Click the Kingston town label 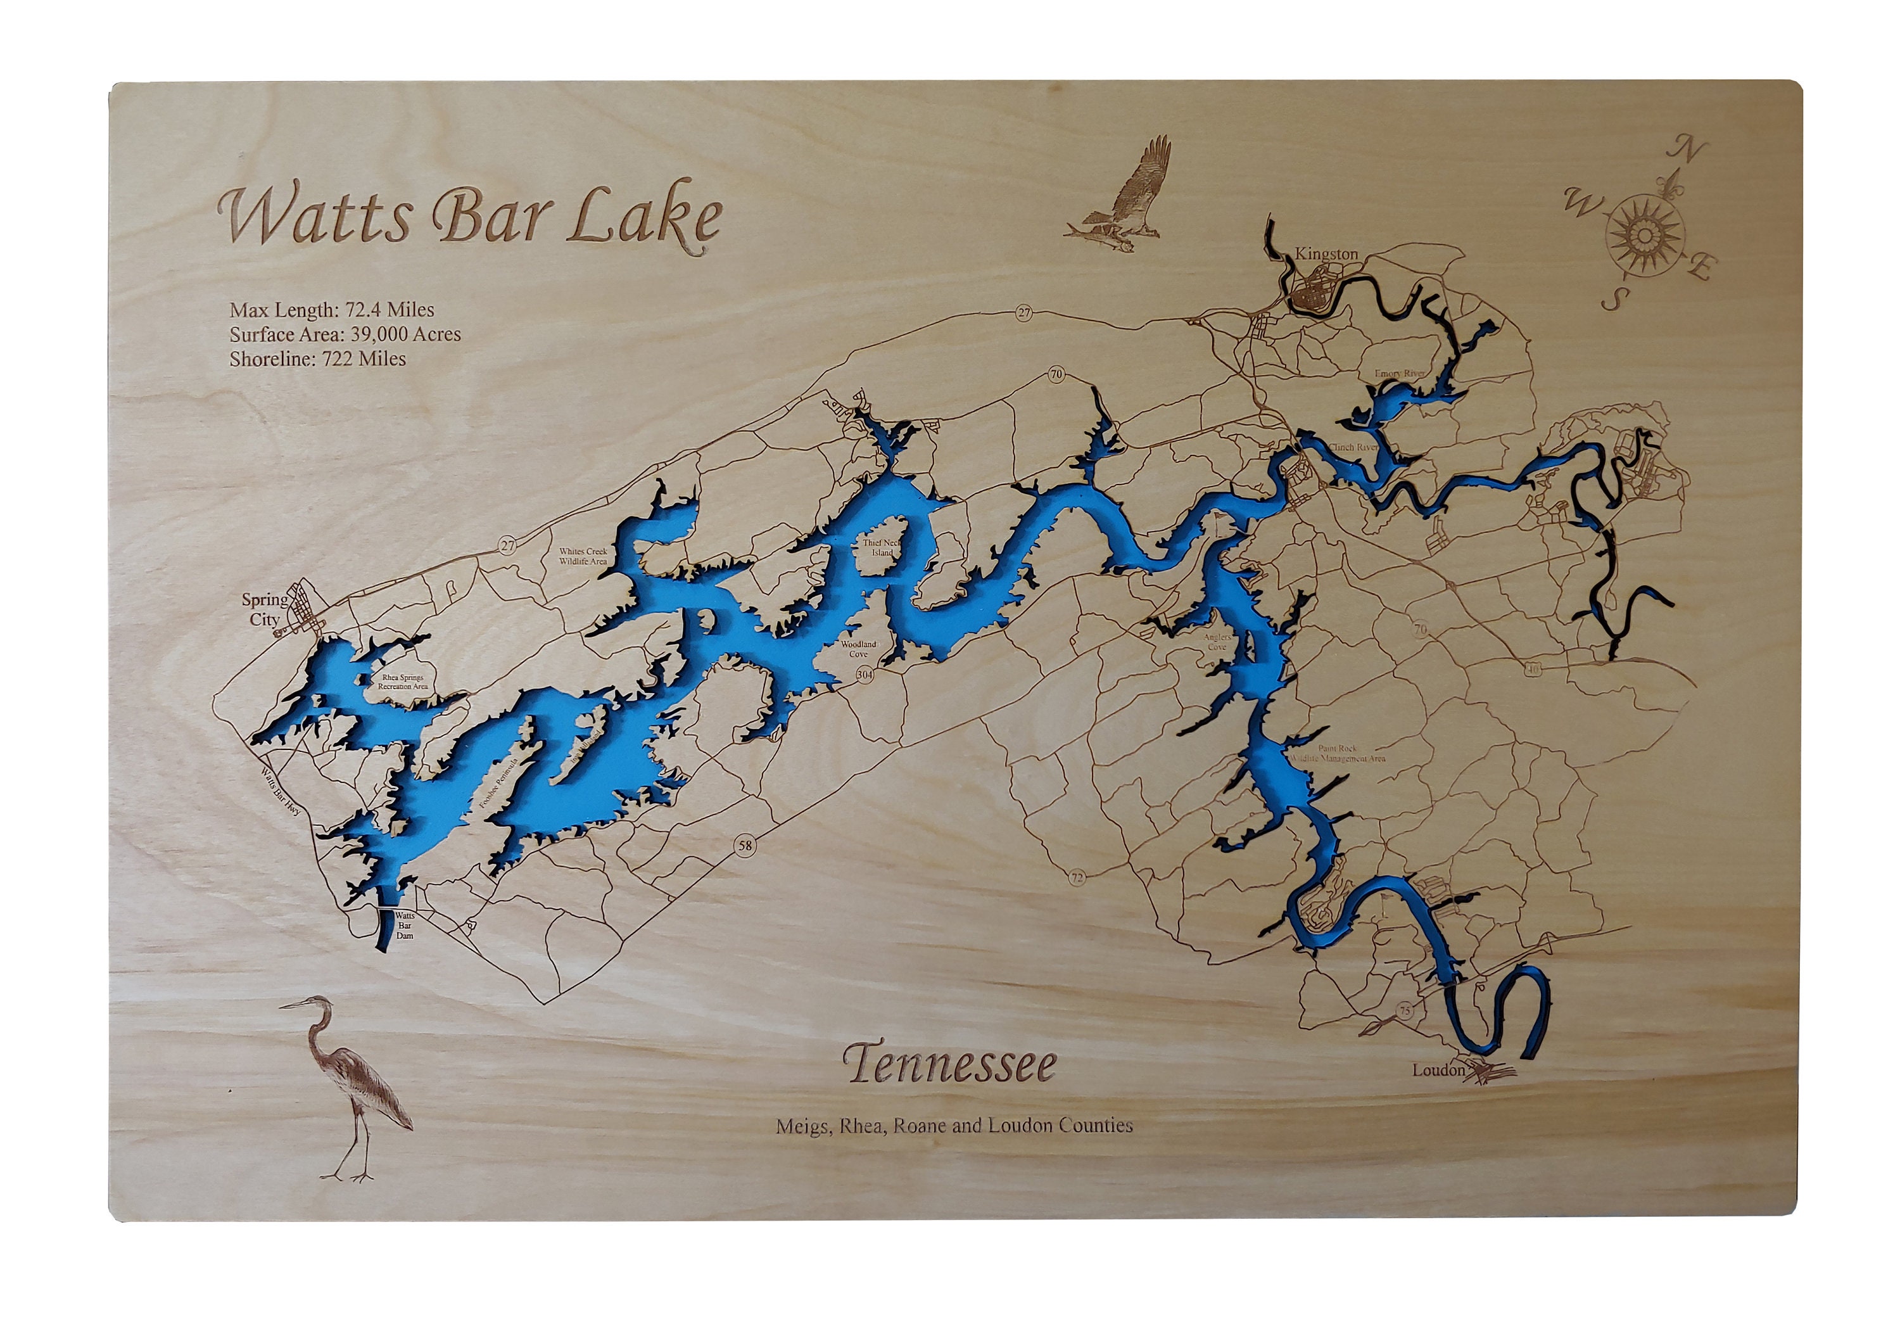click(x=1326, y=254)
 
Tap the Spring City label click(x=264, y=609)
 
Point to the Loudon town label click(x=1438, y=1071)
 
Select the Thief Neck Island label click(x=883, y=548)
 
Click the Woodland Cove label click(x=858, y=649)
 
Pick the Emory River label click(x=1399, y=374)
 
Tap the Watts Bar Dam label click(x=404, y=925)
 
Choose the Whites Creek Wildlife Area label click(x=583, y=556)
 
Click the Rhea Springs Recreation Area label click(x=403, y=682)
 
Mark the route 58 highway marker click(x=745, y=845)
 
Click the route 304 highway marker click(x=864, y=674)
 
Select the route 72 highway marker click(x=1076, y=878)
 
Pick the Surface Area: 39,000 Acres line click(x=345, y=334)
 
